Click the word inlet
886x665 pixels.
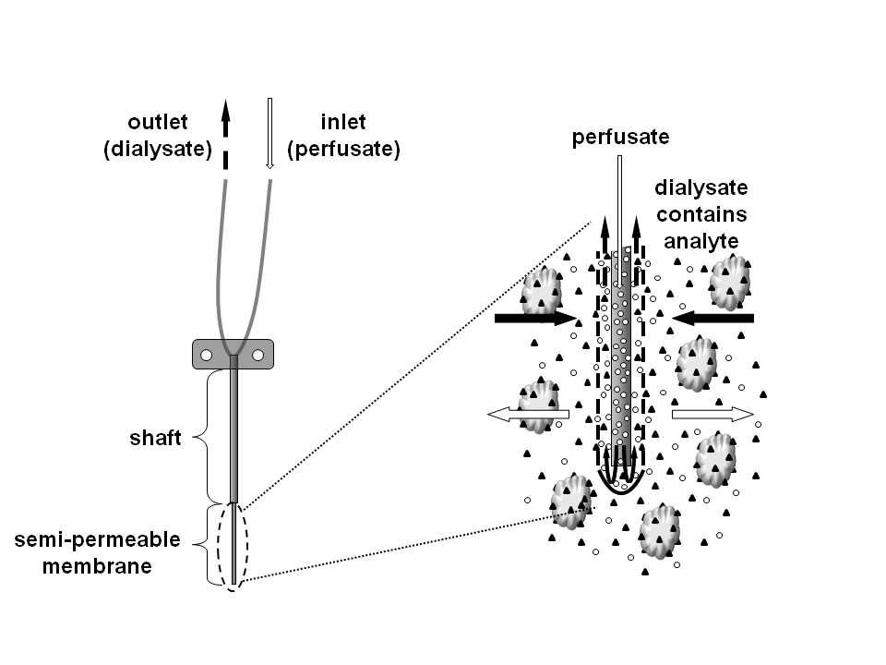tap(342, 123)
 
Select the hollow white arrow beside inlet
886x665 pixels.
tap(269, 134)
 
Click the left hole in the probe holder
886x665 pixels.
tap(208, 355)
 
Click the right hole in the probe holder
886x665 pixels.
tap(258, 355)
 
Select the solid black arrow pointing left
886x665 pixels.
tap(713, 319)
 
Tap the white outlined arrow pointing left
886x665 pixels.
tap(525, 417)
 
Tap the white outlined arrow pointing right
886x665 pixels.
tap(713, 415)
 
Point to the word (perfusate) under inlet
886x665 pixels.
tap(343, 149)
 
